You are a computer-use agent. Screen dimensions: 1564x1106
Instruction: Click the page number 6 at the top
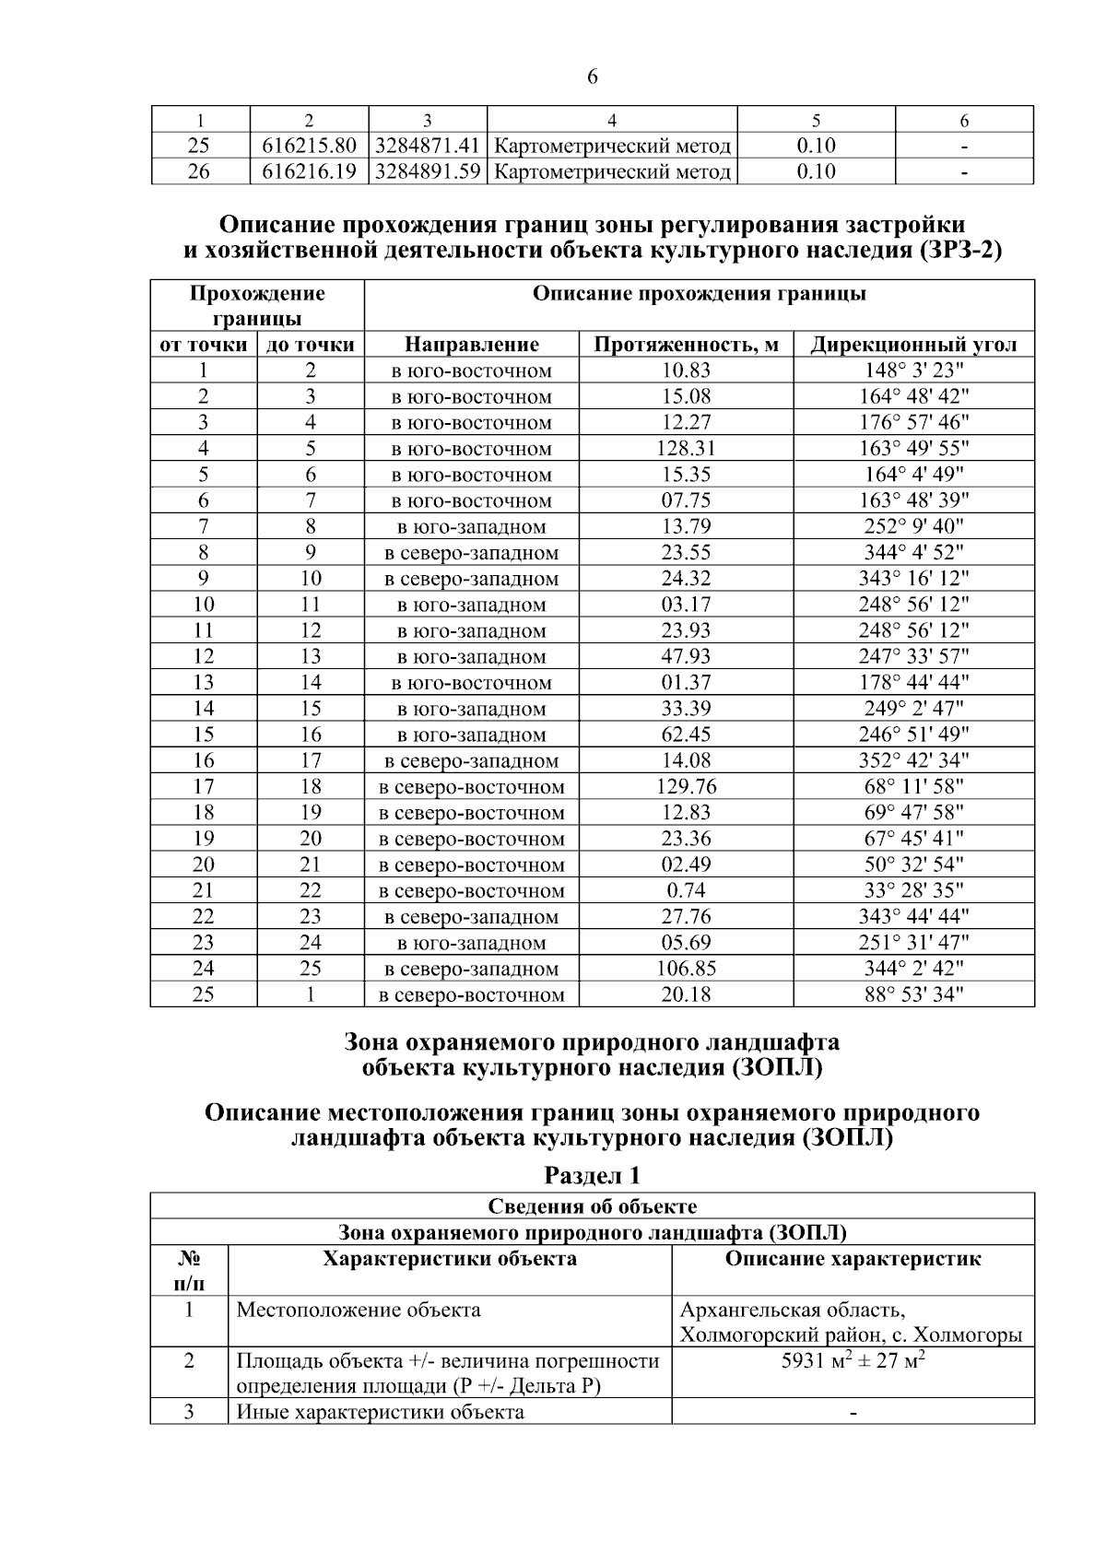coord(592,77)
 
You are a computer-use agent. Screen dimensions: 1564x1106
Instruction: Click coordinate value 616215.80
coord(309,146)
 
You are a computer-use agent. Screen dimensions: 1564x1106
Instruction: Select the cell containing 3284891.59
coord(428,171)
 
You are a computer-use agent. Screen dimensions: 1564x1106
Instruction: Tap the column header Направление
coord(472,345)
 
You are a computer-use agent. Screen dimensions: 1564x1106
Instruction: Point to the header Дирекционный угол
coord(913,345)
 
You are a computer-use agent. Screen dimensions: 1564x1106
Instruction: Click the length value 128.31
coord(687,449)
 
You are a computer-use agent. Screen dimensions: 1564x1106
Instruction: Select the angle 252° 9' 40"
coord(913,526)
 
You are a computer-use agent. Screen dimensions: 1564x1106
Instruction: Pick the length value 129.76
coord(687,786)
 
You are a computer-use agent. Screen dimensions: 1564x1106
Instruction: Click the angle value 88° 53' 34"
coord(913,994)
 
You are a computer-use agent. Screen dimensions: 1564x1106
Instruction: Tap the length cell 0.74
coord(687,890)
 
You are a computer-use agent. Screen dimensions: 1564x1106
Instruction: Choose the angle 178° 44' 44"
coord(913,682)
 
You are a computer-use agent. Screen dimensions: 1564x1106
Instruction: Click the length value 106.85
coord(687,969)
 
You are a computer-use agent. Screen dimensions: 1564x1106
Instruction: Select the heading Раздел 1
coord(592,1175)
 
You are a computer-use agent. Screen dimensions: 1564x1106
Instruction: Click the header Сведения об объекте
coord(592,1206)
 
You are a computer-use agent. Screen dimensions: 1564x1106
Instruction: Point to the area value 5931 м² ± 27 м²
coord(853,1361)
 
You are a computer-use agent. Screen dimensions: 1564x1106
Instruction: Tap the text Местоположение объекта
coord(359,1310)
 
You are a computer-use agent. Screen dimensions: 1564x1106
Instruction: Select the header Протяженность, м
coord(687,345)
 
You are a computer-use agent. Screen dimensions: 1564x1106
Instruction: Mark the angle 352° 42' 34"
coord(913,760)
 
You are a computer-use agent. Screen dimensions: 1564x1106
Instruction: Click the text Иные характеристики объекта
coord(381,1412)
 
